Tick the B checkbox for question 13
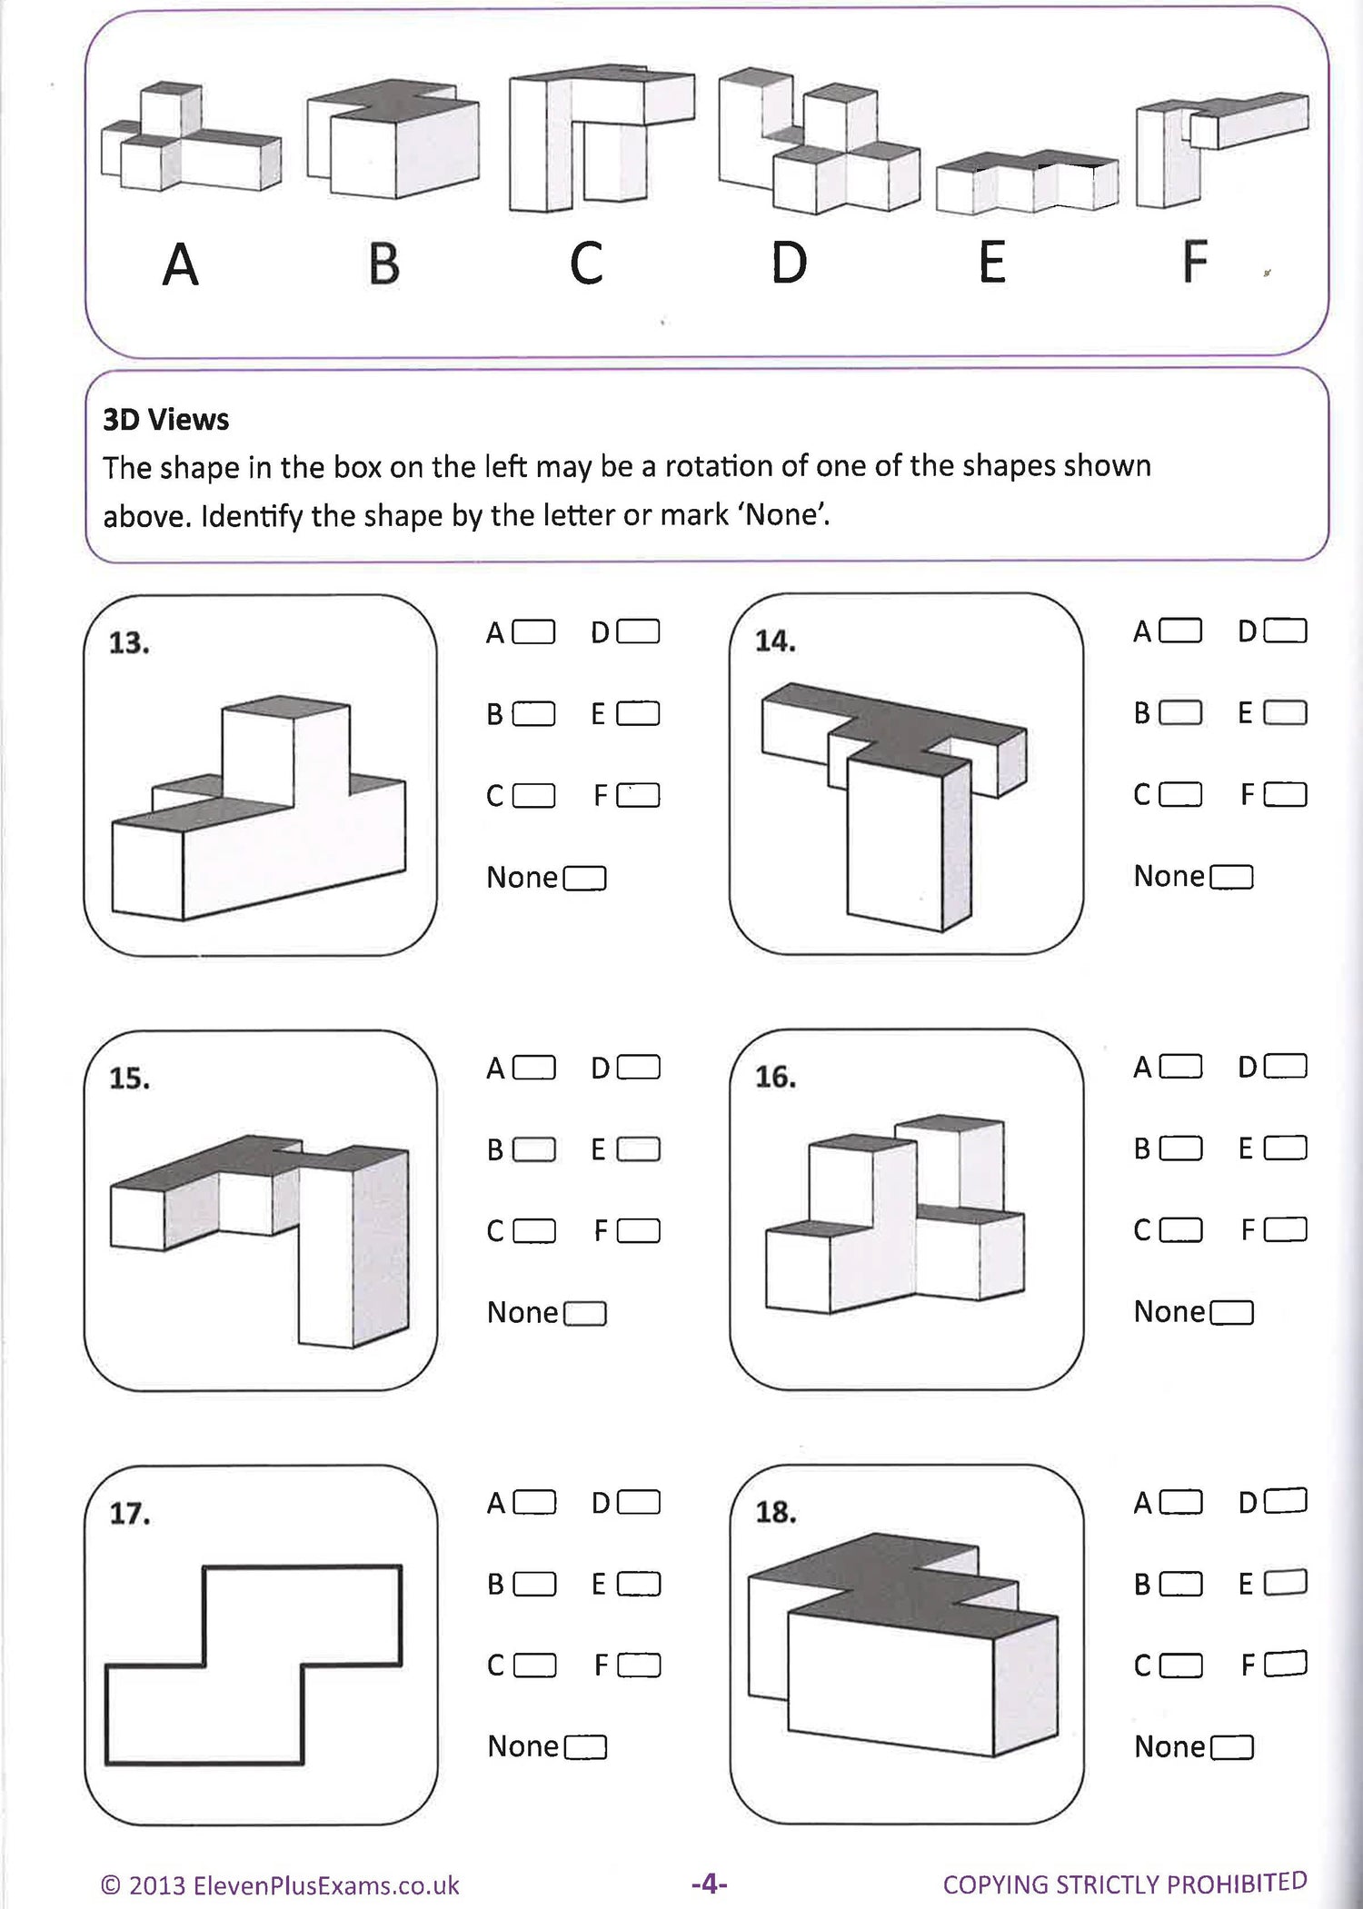[x=533, y=714]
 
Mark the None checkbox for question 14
[x=1232, y=877]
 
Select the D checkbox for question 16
[x=1285, y=1066]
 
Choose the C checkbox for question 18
[x=1181, y=1665]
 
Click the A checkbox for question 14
[x=1181, y=631]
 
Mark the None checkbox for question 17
[x=585, y=1747]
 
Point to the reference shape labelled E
[x=1027, y=182]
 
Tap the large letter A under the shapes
[x=180, y=265]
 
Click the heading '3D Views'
[x=165, y=420]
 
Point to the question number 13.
[x=128, y=643]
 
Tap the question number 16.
[x=775, y=1078]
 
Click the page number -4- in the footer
[x=709, y=1884]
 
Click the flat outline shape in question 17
[x=254, y=1665]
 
